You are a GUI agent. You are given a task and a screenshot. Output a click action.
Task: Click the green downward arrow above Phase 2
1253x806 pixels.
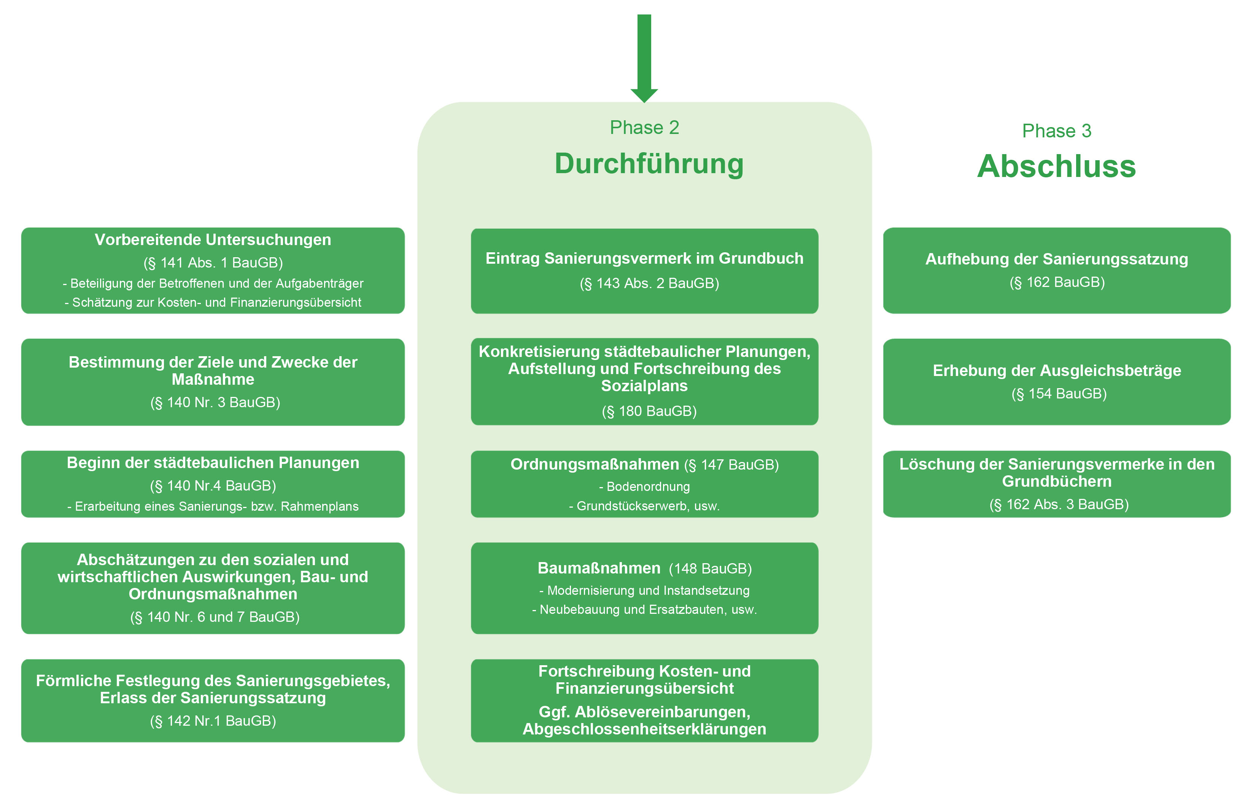tap(644, 57)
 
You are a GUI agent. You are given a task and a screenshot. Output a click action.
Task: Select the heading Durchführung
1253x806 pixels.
tap(649, 164)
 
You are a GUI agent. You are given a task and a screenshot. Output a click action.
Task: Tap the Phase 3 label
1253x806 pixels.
tap(1056, 131)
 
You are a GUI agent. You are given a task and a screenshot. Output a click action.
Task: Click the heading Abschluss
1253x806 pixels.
tap(1056, 166)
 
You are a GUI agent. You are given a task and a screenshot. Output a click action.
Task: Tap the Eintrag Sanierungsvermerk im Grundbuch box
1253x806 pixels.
tap(644, 271)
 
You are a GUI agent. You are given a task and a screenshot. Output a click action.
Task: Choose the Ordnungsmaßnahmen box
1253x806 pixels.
tap(644, 484)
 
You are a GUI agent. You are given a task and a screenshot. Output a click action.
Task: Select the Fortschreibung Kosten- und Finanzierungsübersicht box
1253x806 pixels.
tap(644, 700)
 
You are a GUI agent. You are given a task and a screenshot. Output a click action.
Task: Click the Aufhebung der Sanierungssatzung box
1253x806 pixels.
tap(1056, 271)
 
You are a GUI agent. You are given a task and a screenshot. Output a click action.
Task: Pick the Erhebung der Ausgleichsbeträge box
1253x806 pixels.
tap(1056, 382)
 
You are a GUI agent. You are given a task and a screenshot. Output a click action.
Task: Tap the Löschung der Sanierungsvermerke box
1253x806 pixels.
tap(1056, 484)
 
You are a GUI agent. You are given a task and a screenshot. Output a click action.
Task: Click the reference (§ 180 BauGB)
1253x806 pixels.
tap(649, 411)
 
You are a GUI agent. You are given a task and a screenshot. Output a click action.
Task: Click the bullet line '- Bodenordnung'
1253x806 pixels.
tap(644, 487)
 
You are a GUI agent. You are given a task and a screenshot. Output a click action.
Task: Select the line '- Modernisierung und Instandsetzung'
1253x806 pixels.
tap(644, 590)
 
